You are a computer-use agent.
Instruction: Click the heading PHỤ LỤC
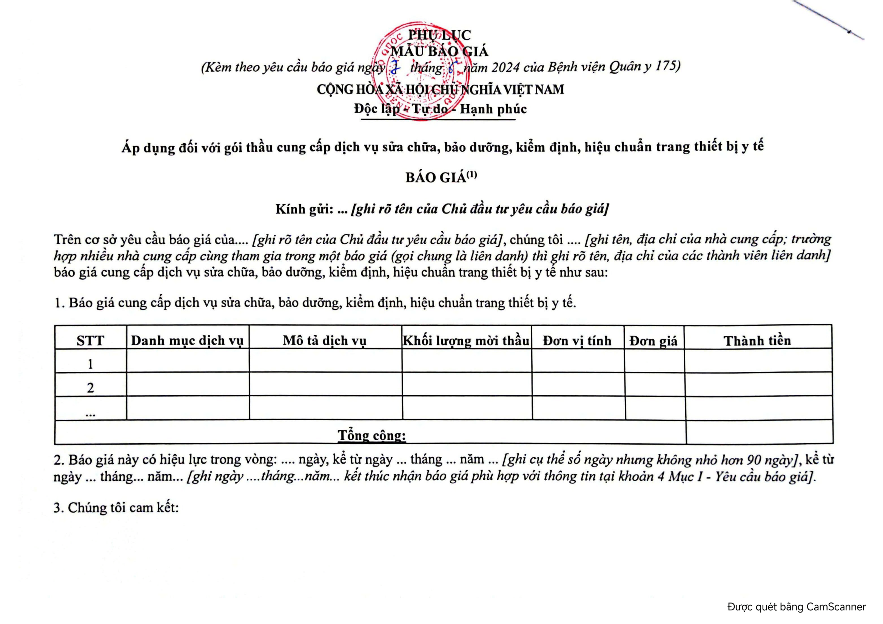[439, 35]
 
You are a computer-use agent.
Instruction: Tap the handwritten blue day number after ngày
[395, 68]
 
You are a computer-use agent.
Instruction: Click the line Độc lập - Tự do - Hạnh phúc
[440, 109]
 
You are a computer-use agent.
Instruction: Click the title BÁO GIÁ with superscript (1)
[441, 177]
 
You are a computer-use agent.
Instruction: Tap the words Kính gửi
[304, 209]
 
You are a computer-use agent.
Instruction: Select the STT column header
[90, 341]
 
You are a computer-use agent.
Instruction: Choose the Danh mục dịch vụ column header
[187, 341]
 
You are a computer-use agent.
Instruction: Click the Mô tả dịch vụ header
[325, 341]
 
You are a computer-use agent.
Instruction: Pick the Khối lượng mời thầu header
[466, 341]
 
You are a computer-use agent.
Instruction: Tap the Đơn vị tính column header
[577, 341]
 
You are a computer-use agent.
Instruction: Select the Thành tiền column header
[757, 341]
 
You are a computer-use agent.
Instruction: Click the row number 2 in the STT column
[90, 388]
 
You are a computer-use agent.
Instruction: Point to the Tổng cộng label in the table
[371, 435]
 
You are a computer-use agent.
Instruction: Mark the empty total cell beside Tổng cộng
[759, 432]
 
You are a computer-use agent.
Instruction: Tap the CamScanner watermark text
[797, 607]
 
